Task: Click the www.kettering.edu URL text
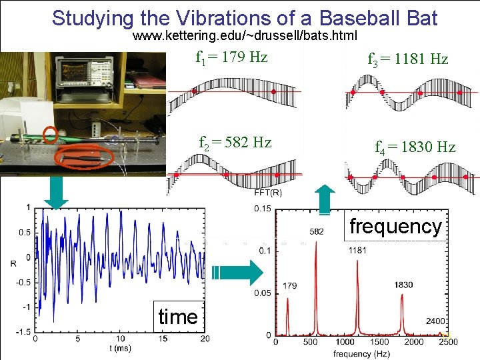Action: coord(245,35)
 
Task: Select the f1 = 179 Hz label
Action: coord(231,57)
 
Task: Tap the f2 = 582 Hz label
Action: coord(235,142)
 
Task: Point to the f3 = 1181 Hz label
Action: coord(407,59)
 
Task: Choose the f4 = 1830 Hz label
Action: coord(415,147)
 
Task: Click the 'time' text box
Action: coord(178,316)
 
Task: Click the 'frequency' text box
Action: coord(395,226)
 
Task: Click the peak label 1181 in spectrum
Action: coord(357,251)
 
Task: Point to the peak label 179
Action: coord(289,286)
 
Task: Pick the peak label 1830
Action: coord(403,285)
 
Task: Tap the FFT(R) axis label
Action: coord(268,193)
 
